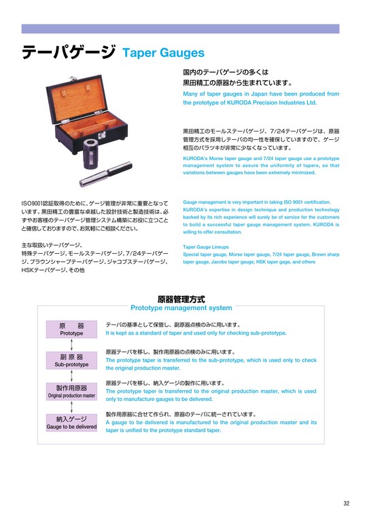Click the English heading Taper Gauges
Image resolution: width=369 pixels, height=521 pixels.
[x=163, y=53]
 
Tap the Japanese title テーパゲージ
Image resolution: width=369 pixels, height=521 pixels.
[x=69, y=52]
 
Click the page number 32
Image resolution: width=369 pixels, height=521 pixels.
[x=347, y=503]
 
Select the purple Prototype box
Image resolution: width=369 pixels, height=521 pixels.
[x=71, y=329]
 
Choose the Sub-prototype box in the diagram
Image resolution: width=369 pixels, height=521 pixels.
[x=71, y=360]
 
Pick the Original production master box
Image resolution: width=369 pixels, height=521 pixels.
[x=71, y=391]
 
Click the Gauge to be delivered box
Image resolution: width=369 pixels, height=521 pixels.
[x=71, y=423]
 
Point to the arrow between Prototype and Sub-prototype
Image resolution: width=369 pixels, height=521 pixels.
[x=71, y=345]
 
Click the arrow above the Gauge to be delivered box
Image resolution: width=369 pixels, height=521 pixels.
[x=71, y=407]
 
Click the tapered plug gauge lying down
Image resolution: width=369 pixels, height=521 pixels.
[x=106, y=174]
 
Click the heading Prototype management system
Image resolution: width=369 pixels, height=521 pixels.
[x=181, y=308]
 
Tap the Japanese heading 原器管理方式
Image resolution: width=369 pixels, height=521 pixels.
[x=181, y=299]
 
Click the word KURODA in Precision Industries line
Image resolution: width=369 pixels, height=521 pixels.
[x=239, y=102]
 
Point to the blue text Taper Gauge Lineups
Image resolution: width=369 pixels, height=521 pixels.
[x=206, y=247]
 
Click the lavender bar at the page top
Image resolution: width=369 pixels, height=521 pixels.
[x=180, y=28]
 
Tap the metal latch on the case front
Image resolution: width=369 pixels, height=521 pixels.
[x=103, y=135]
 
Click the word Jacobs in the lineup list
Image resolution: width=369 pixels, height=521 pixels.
[x=219, y=262]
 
